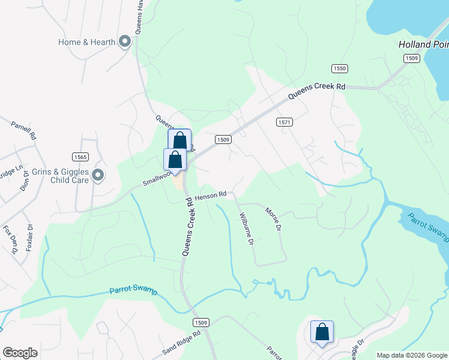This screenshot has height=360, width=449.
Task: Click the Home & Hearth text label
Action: pyautogui.click(x=86, y=42)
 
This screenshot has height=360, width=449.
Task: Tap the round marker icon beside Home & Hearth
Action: pyautogui.click(x=125, y=42)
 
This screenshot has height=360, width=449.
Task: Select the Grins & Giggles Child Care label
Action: pyautogui.click(x=62, y=176)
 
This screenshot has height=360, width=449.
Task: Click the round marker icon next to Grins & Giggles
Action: pyautogui.click(x=98, y=176)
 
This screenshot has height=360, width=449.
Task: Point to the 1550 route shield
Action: pyautogui.click(x=339, y=69)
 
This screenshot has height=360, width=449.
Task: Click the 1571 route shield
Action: pyautogui.click(x=285, y=122)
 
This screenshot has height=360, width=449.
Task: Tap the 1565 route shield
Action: pyautogui.click(x=80, y=157)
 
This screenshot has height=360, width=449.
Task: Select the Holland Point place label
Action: pyautogui.click(x=424, y=44)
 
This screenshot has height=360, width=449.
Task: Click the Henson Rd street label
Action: pyautogui.click(x=210, y=195)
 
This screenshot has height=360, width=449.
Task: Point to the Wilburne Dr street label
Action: pyautogui.click(x=247, y=229)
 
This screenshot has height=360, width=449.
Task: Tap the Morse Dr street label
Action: pyautogui.click(x=273, y=220)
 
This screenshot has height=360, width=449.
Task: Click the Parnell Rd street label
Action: pyautogui.click(x=24, y=130)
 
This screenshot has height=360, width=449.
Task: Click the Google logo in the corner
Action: pyautogui.click(x=20, y=353)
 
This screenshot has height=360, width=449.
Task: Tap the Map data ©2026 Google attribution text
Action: pyautogui.click(x=411, y=355)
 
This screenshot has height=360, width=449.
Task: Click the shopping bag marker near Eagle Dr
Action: pyautogui.click(x=322, y=332)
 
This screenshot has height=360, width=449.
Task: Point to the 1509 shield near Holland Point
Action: pyautogui.click(x=411, y=58)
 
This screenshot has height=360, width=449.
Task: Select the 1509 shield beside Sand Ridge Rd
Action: pyautogui.click(x=201, y=323)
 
